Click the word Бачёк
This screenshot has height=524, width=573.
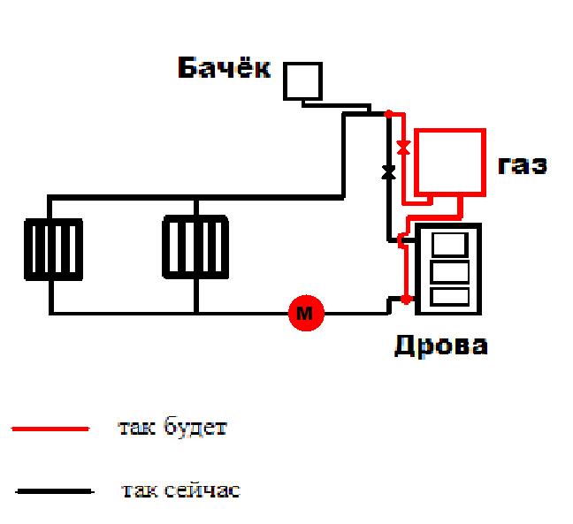pos(225,69)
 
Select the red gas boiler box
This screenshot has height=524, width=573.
pos(450,163)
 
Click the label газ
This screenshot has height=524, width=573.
pos(522,164)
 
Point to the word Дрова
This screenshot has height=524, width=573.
pos(440,344)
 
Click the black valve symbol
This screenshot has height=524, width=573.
pos(387,171)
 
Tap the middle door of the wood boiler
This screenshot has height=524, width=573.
pos(450,270)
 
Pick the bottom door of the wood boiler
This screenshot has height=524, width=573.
pos(450,296)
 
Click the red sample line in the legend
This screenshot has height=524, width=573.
pos(50,429)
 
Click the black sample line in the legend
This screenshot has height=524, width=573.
pos(54,490)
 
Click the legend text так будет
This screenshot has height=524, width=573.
pos(172,429)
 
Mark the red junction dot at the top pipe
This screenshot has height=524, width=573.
pos(387,113)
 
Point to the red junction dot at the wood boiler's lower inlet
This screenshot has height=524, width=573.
pos(405,300)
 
